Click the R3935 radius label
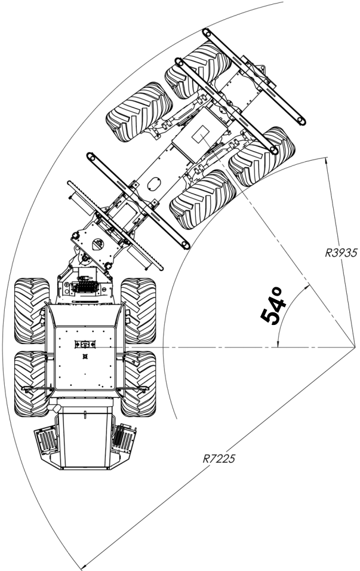[x=341, y=253]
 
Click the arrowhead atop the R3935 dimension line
[x=327, y=159]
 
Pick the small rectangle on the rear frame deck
[x=199, y=136]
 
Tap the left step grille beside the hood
[x=47, y=441]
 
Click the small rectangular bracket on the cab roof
[x=85, y=344]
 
